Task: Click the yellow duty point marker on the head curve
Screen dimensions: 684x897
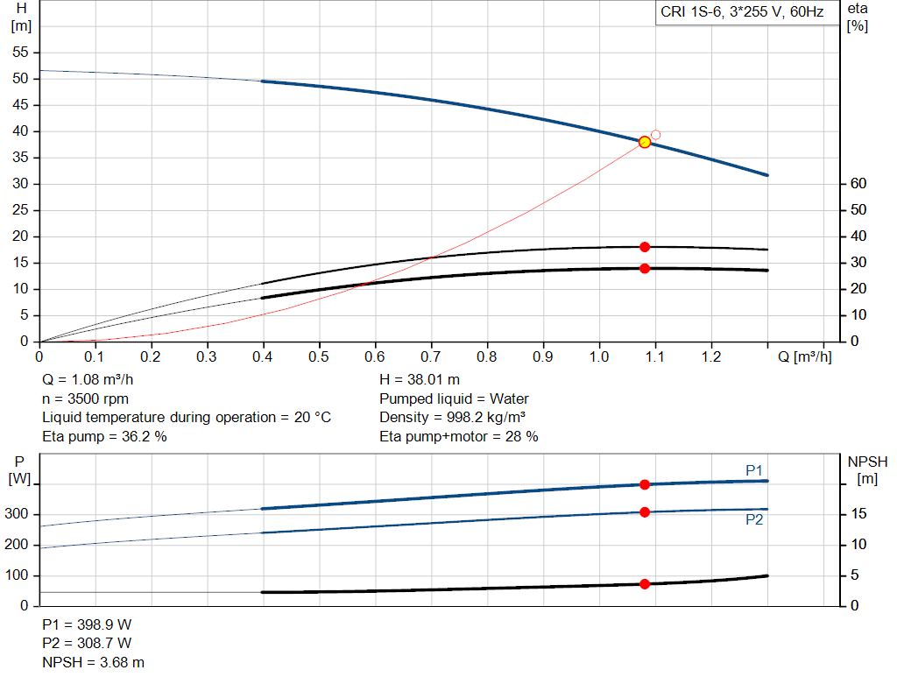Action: [645, 142]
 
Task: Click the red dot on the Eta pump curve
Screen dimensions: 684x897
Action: [645, 247]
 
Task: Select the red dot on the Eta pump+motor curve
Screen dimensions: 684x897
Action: [645, 268]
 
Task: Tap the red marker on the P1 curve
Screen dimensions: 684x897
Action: [645, 484]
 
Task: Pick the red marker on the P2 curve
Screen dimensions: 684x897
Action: [645, 511]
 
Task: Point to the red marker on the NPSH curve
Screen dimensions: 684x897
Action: [645, 583]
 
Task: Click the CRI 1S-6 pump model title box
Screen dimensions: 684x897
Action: [742, 15]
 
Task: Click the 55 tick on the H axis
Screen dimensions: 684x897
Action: [20, 53]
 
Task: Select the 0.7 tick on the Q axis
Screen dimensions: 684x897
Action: [431, 357]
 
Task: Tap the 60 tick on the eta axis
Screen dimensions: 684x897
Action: [858, 184]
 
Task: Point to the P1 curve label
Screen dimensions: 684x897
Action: [754, 470]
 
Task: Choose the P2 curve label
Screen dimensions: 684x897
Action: [754, 519]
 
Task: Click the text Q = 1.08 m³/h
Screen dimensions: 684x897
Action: [88, 379]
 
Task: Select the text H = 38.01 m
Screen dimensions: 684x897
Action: [420, 379]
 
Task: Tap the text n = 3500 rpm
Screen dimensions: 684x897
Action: [85, 398]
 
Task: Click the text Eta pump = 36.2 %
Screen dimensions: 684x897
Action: [104, 436]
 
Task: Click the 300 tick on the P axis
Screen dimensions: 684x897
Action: [18, 515]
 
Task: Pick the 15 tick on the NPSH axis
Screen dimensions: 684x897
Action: [858, 515]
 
